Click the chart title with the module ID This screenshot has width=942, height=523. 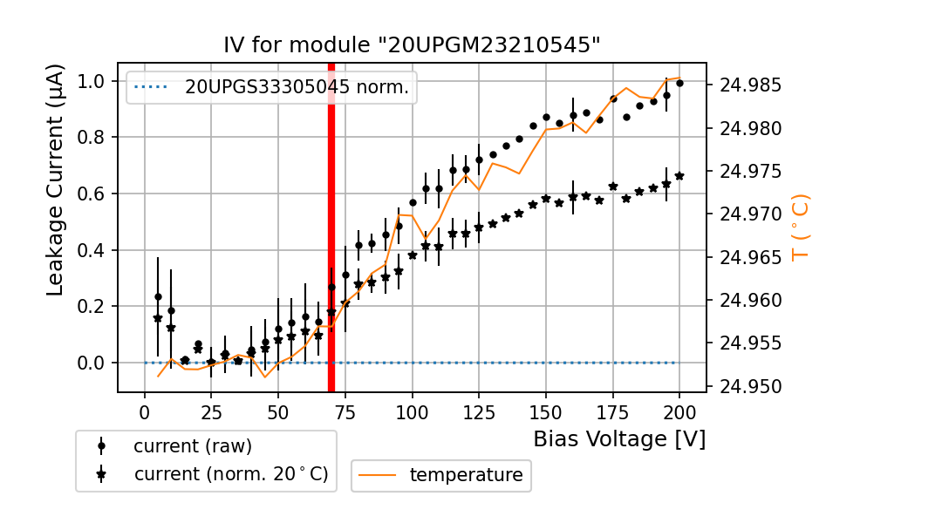click(413, 45)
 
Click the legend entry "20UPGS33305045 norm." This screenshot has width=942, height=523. click(297, 87)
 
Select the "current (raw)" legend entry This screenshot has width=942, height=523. click(192, 445)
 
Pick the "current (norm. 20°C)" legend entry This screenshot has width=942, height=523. click(230, 474)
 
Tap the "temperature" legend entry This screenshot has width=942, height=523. click(466, 475)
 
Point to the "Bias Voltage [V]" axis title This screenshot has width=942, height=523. click(619, 438)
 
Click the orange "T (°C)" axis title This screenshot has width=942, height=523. click(800, 228)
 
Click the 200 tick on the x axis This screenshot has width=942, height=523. click(679, 412)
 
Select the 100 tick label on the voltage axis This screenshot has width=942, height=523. click(412, 412)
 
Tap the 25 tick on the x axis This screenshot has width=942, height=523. click(211, 412)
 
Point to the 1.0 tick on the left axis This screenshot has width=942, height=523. click(92, 81)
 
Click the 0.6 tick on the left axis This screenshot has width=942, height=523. click(92, 194)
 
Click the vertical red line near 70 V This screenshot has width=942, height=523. click(331, 227)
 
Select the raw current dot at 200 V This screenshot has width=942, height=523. click(679, 83)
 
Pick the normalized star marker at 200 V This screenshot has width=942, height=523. click(679, 176)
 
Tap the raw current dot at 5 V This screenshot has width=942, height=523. click(158, 296)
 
